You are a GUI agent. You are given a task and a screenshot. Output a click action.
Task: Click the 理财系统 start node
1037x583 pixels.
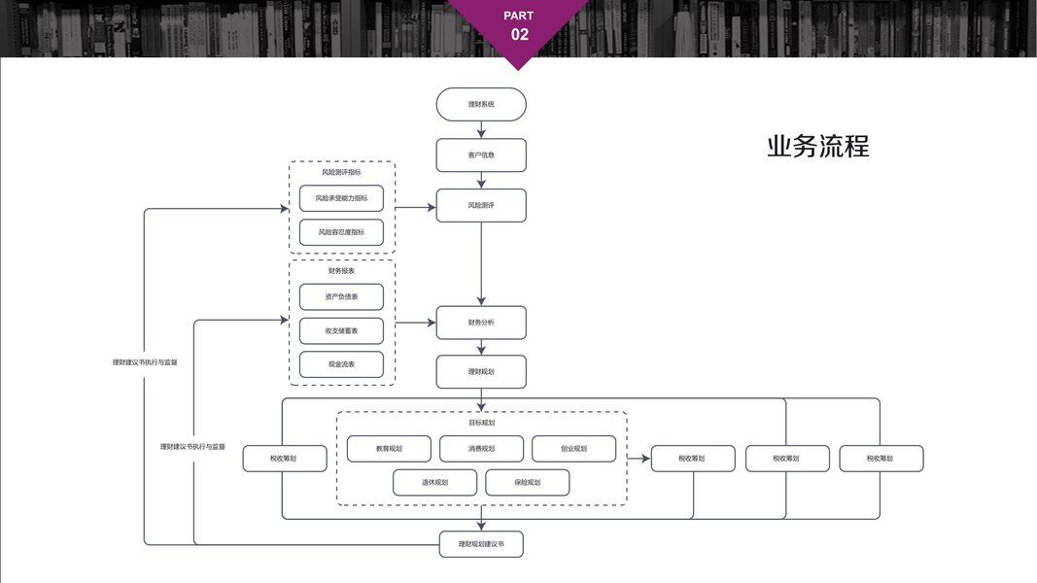click(x=481, y=104)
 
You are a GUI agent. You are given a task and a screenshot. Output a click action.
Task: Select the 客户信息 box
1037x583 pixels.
click(x=481, y=154)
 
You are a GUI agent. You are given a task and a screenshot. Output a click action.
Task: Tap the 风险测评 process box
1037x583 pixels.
click(x=481, y=205)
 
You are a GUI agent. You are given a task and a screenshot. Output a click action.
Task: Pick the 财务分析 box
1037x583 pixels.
click(x=481, y=323)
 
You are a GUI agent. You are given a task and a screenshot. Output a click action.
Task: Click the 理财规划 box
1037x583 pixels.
click(x=481, y=371)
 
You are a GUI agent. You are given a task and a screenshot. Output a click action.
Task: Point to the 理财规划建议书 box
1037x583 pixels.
click(x=481, y=544)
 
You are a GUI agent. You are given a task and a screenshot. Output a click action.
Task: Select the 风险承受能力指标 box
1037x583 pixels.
click(x=341, y=198)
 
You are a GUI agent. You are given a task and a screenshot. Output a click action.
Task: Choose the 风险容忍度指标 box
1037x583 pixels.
click(x=341, y=232)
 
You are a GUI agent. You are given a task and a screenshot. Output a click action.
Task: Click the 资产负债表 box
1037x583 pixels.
click(x=341, y=296)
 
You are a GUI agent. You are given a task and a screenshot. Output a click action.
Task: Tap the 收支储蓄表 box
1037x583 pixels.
click(x=341, y=330)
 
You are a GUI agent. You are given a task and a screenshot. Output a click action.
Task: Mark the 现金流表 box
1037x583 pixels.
click(x=341, y=364)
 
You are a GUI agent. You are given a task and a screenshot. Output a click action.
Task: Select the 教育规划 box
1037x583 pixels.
click(x=389, y=449)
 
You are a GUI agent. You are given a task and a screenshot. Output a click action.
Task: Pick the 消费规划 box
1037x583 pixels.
click(x=481, y=449)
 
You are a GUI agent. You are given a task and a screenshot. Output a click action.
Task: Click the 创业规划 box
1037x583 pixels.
click(x=573, y=449)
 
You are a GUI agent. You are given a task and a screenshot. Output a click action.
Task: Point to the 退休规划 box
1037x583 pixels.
click(x=434, y=482)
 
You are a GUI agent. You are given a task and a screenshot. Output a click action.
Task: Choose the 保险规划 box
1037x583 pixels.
click(x=527, y=482)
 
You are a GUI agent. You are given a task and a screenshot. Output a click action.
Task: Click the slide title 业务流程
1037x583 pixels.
click(x=817, y=146)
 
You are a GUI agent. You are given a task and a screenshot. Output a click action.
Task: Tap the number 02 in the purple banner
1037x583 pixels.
click(x=520, y=35)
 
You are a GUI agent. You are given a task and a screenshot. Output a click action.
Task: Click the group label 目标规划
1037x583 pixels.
click(x=481, y=423)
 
